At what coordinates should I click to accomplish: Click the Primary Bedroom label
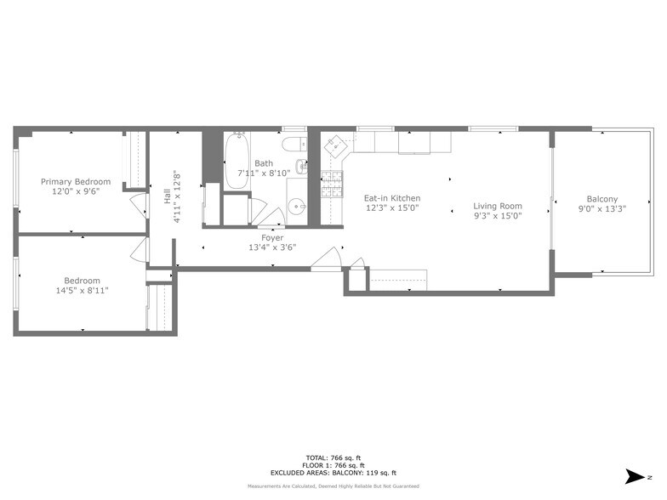(x=76, y=182)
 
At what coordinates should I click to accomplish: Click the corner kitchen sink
(x=335, y=145)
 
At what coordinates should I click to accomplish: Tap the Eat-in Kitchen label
(x=392, y=198)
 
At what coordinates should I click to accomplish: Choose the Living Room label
(x=498, y=206)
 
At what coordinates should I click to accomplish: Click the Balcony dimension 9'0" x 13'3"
(x=602, y=208)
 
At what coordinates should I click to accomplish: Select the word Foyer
(x=272, y=238)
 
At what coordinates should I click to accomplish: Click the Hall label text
(x=167, y=197)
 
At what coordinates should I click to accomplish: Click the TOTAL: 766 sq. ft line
(x=333, y=457)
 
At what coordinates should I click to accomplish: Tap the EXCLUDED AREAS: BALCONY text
(x=333, y=473)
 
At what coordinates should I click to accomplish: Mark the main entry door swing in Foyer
(x=328, y=258)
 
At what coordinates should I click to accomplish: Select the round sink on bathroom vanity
(x=294, y=205)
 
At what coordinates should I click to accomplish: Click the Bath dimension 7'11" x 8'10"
(x=263, y=173)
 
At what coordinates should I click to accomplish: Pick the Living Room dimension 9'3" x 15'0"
(x=498, y=216)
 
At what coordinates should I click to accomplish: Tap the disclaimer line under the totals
(x=333, y=486)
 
